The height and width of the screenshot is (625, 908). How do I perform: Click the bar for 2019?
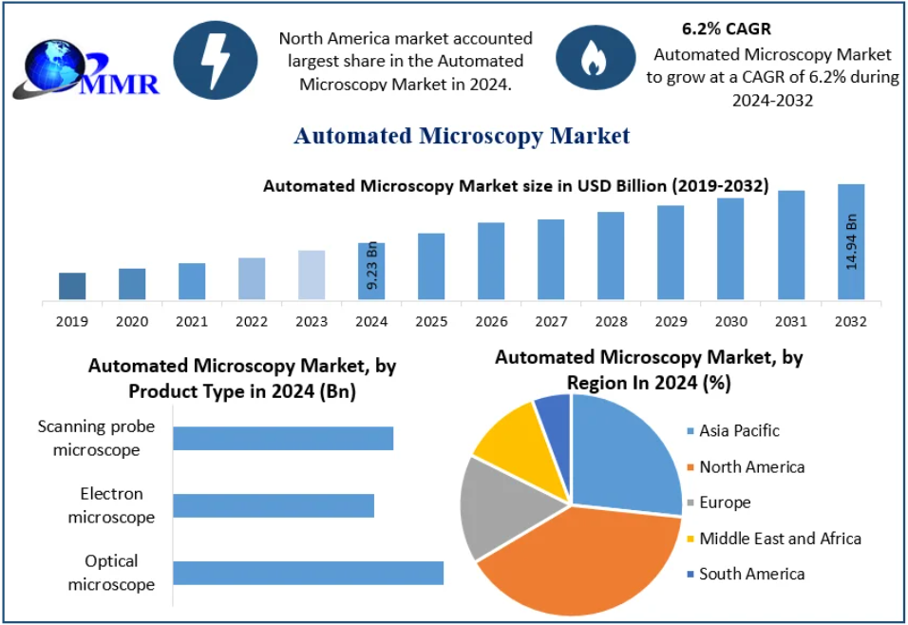click(72, 286)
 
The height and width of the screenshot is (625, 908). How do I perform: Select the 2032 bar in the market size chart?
click(851, 242)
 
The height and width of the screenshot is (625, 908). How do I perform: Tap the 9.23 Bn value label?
click(372, 267)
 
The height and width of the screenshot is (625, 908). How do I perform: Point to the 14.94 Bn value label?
click(852, 243)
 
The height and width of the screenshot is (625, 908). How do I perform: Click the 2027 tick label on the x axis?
click(551, 321)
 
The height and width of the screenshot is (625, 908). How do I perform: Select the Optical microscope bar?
click(308, 573)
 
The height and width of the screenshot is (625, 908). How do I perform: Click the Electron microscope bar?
click(274, 505)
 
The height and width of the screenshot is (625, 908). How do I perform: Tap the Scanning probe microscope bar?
click(283, 438)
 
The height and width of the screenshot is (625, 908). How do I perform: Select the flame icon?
click(596, 58)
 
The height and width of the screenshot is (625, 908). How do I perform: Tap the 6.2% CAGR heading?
click(727, 28)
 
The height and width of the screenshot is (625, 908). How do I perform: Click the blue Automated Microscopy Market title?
click(462, 136)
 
